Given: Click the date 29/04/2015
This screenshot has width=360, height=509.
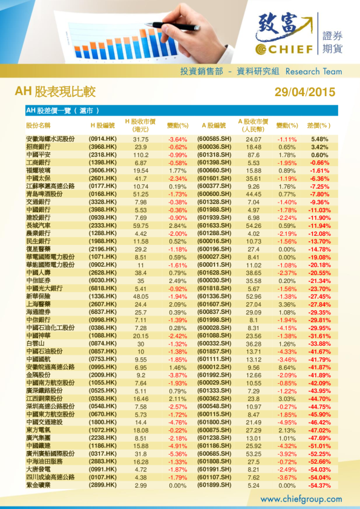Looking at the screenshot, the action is (x=304, y=92).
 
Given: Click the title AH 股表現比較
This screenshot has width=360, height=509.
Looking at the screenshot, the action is (x=55, y=92).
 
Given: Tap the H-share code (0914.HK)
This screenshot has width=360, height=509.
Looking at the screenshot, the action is (x=102, y=139).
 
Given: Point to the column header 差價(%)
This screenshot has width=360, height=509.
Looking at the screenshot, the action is (x=319, y=126).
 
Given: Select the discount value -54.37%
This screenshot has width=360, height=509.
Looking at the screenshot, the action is (x=319, y=485).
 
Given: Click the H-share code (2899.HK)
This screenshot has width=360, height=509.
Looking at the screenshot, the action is (x=102, y=485).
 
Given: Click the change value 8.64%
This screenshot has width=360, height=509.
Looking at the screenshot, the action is (x=286, y=367).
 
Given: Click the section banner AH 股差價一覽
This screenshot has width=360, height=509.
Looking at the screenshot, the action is (x=62, y=111).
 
